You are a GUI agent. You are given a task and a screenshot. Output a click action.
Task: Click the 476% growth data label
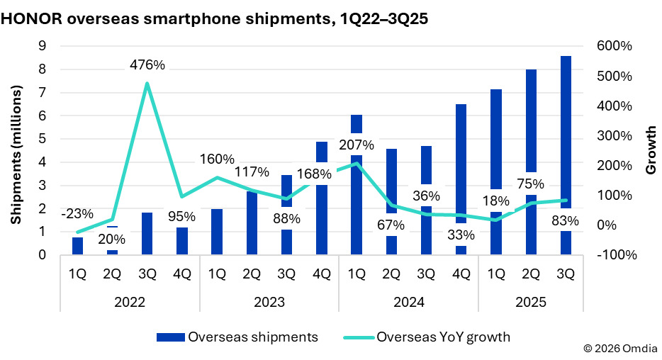(x=147, y=66)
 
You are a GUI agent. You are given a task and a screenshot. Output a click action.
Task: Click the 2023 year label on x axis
(x=269, y=301)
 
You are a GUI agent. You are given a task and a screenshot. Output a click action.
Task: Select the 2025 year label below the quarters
(x=530, y=301)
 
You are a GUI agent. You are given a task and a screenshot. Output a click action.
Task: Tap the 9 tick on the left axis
(x=42, y=46)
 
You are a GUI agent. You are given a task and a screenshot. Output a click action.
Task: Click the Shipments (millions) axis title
(x=16, y=150)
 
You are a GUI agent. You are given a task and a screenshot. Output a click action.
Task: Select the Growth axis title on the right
(x=650, y=150)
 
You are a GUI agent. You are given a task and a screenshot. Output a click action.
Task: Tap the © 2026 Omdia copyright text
(x=620, y=349)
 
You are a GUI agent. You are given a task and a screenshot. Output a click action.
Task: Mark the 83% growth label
(x=565, y=221)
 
